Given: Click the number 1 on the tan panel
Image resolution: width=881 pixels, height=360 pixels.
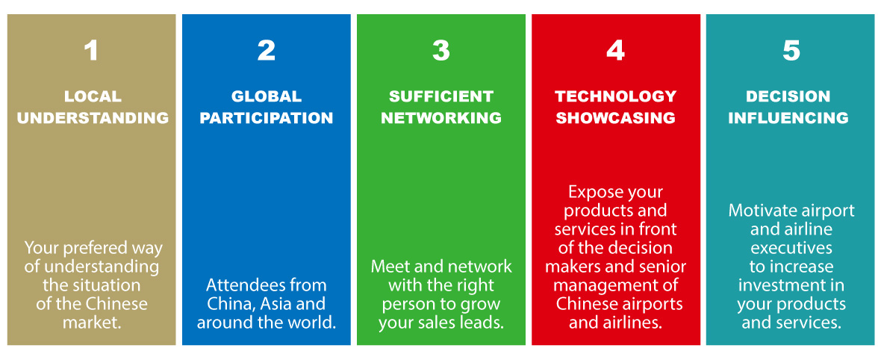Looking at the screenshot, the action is tap(91, 51).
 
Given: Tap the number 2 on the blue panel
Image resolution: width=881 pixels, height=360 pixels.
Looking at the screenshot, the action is tap(267, 51).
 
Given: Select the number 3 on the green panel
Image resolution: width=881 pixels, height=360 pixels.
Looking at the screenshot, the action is tap(441, 51).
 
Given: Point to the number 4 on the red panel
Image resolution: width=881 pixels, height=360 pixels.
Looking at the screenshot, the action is tap(616, 51).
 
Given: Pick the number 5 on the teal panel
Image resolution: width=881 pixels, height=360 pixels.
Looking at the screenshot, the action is tap(791, 51).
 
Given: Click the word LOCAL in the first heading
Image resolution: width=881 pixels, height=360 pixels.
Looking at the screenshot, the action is tap(93, 97).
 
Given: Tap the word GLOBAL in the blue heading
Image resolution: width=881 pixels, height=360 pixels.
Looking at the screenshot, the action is tap(267, 97).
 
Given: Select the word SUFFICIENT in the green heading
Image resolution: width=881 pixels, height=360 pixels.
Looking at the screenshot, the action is tap(441, 97).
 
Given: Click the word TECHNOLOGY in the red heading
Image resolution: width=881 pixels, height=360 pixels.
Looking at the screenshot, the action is tap(616, 97).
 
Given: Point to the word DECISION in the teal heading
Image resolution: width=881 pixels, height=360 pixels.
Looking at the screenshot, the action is tap(788, 97).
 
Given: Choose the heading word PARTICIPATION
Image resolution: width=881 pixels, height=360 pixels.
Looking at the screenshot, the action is tap(267, 118).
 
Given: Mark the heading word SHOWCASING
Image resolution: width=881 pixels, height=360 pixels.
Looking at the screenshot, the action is tap(616, 118).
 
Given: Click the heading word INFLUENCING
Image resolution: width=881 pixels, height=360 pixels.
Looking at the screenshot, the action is tap(788, 118).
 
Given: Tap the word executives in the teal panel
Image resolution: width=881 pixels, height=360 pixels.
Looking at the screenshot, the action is tap(791, 248).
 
